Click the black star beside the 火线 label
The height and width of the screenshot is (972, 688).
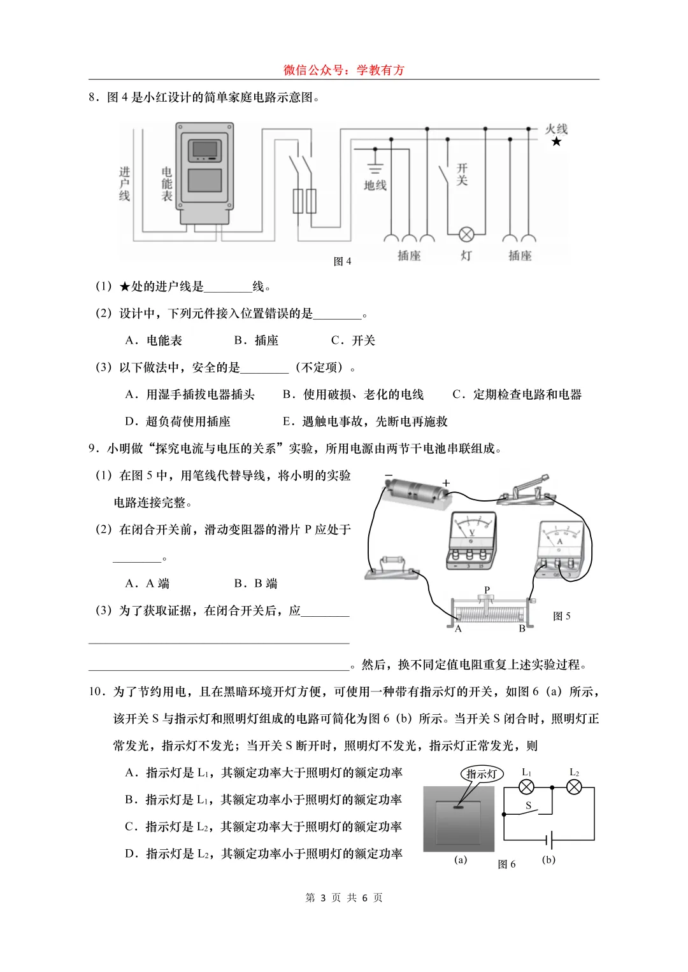pos(556,141)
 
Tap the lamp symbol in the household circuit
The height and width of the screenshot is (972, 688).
pos(466,234)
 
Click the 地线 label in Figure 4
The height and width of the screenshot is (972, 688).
pos(375,185)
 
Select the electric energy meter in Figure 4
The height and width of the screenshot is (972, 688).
pos(204,173)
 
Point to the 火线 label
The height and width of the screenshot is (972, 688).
pos(555,129)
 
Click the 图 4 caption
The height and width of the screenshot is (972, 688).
pos(342,262)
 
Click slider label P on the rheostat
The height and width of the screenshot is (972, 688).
pos(487,590)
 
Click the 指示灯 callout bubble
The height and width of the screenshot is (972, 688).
pos(482,774)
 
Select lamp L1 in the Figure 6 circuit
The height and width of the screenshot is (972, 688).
pos(526,787)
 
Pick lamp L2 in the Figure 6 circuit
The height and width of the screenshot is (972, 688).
pos(574,787)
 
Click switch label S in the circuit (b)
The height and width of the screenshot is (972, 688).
pos(528,805)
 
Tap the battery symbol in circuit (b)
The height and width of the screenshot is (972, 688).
pos(550,840)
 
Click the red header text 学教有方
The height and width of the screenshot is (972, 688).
pos(380,70)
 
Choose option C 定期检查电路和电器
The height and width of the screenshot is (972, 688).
pos(517,395)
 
